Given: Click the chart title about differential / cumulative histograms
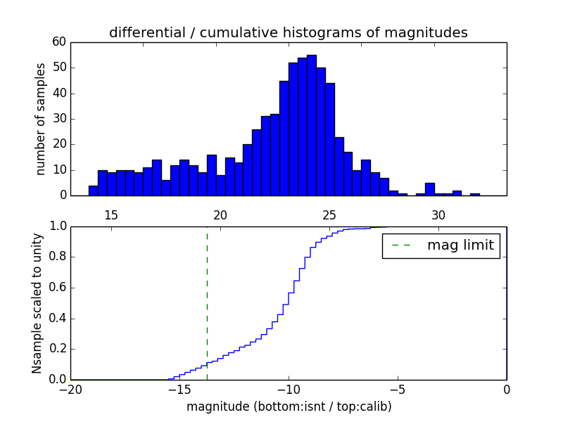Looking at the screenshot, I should pos(288,32).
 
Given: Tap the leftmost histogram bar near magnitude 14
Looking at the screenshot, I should pos(93,191).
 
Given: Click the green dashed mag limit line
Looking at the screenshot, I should pos(207,302).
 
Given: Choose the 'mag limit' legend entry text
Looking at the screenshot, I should pos(460,245).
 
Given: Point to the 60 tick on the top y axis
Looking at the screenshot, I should pos(59,42).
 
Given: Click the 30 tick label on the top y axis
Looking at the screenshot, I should pos(59,119).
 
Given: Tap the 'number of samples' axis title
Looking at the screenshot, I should pos(41,119).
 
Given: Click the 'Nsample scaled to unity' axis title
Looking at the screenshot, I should pos(37,303).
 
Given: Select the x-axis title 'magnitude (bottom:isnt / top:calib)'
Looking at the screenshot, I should pos(289,407).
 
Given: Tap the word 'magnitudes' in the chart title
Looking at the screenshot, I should pos(432,32).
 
